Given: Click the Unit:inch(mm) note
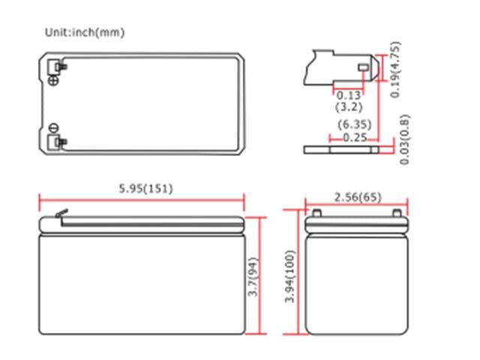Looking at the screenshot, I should (85, 32).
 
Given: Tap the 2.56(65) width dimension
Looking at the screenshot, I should (356, 197).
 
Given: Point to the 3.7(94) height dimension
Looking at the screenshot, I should (253, 276).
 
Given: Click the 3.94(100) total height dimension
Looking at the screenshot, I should (290, 276).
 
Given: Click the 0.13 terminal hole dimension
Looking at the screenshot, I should (348, 95).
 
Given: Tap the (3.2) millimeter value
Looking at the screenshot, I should (348, 107).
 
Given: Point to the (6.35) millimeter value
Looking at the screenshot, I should (351, 124).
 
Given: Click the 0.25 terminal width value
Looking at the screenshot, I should (351, 137).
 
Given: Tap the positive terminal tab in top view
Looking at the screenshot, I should (55, 68).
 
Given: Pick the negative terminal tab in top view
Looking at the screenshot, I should (55, 142).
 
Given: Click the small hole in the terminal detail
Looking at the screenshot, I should (364, 68).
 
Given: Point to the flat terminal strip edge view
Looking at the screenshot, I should (342, 149).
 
